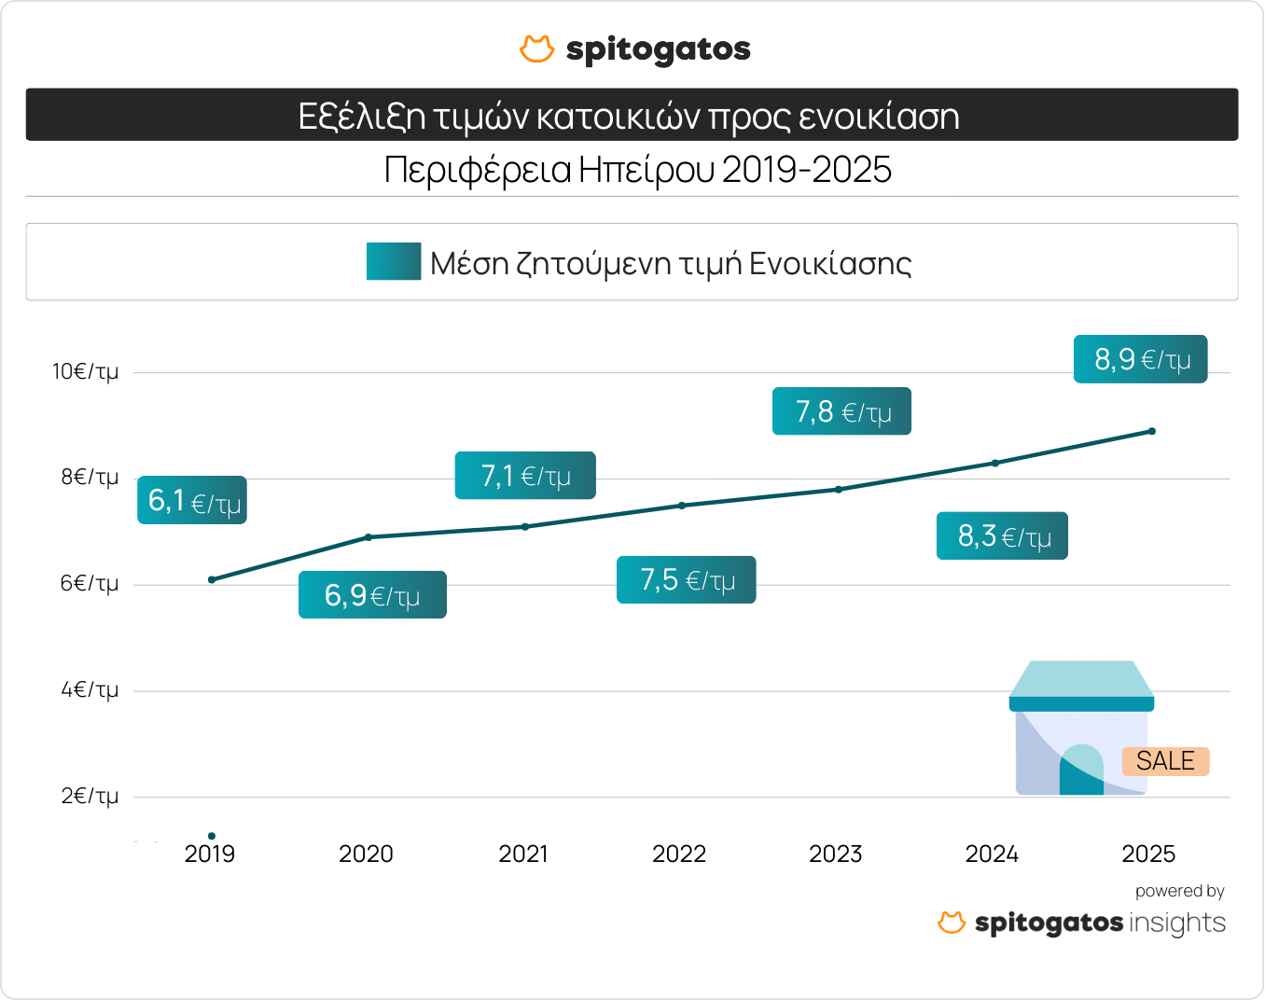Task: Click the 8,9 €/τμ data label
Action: coord(1140,359)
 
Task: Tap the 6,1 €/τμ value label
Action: coord(192,501)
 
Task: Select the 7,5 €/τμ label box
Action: coord(686,580)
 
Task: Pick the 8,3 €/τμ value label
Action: coord(1002,536)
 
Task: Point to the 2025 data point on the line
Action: coord(1152,431)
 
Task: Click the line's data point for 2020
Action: coord(368,537)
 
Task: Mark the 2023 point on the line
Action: coord(839,489)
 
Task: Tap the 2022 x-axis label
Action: coord(679,854)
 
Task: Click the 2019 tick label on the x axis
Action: coord(210,854)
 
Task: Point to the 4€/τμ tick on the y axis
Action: coord(90,690)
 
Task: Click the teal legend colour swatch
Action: coord(394,262)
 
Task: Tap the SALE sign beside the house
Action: coord(1165,761)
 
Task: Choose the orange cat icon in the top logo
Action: coord(536,49)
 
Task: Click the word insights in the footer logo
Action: coord(1177,924)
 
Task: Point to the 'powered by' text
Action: coord(1179,891)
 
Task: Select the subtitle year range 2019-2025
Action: coord(806,170)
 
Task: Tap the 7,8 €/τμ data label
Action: coord(841,411)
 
